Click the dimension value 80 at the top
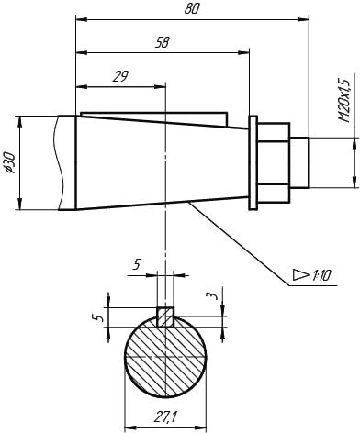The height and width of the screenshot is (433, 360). tap(192, 9)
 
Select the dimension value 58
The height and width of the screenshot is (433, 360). tap(162, 42)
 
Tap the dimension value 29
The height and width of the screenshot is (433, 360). tap(120, 76)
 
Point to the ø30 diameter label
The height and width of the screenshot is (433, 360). tap(10, 162)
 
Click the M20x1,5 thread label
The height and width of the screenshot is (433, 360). tap(344, 100)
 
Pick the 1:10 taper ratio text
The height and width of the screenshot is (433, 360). tap(321, 276)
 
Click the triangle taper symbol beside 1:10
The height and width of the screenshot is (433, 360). tap(301, 274)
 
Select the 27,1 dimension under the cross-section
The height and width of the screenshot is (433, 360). tap(165, 416)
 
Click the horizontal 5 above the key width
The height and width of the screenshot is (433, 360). tap(137, 264)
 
